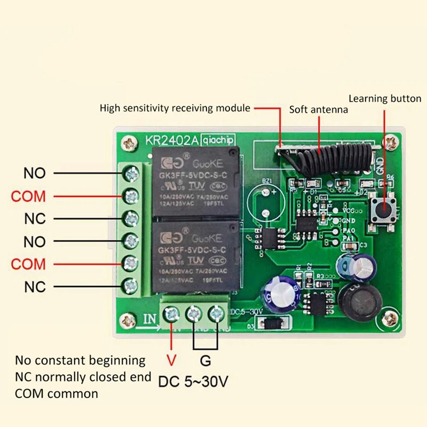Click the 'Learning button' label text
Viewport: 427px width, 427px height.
[x=385, y=99]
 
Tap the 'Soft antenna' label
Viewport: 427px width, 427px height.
[x=319, y=109]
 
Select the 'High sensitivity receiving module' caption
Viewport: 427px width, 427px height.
[x=175, y=108]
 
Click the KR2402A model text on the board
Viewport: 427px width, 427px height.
[x=172, y=140]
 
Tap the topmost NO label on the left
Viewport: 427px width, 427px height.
[x=35, y=173]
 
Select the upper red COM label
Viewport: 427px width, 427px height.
[x=29, y=196]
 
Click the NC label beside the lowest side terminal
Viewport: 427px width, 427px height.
[x=35, y=287]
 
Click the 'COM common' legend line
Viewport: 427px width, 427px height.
[x=57, y=394]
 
